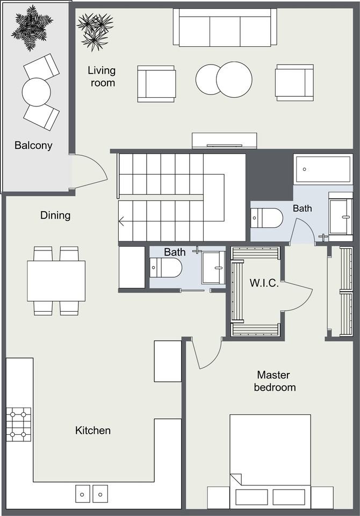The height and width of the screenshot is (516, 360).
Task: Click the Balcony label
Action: [x=33, y=145]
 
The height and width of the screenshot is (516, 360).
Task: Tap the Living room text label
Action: [x=102, y=76]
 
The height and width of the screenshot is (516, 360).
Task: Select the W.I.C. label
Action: [x=264, y=283]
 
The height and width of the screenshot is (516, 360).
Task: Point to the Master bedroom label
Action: [x=275, y=381]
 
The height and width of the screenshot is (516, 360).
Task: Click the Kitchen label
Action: [x=93, y=430]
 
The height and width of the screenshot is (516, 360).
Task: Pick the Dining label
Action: [x=55, y=215]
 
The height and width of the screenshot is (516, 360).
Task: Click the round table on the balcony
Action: [x=36, y=92]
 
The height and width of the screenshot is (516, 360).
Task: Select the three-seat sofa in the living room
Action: [x=225, y=27]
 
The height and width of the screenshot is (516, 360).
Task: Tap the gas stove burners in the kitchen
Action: [x=19, y=425]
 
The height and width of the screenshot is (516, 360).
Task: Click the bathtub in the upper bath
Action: [x=323, y=169]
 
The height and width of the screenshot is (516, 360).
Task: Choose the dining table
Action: [x=56, y=281]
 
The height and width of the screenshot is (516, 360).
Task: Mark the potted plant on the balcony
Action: [x=32, y=28]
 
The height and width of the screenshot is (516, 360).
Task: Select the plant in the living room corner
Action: [x=95, y=31]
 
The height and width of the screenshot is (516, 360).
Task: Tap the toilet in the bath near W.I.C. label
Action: [x=267, y=218]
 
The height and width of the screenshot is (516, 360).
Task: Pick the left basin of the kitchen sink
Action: [x=82, y=494]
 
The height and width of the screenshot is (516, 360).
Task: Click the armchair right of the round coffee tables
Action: [x=294, y=83]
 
